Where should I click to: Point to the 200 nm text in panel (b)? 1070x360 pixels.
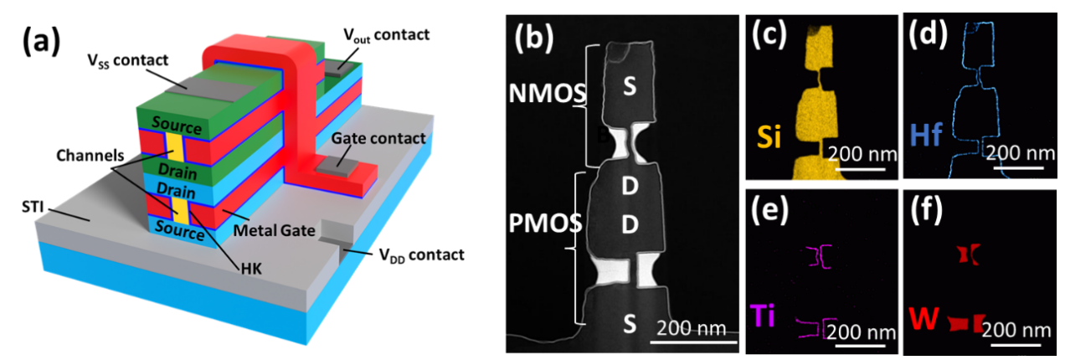[x=691, y=327]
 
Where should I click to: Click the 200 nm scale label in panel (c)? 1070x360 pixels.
[x=863, y=153]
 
